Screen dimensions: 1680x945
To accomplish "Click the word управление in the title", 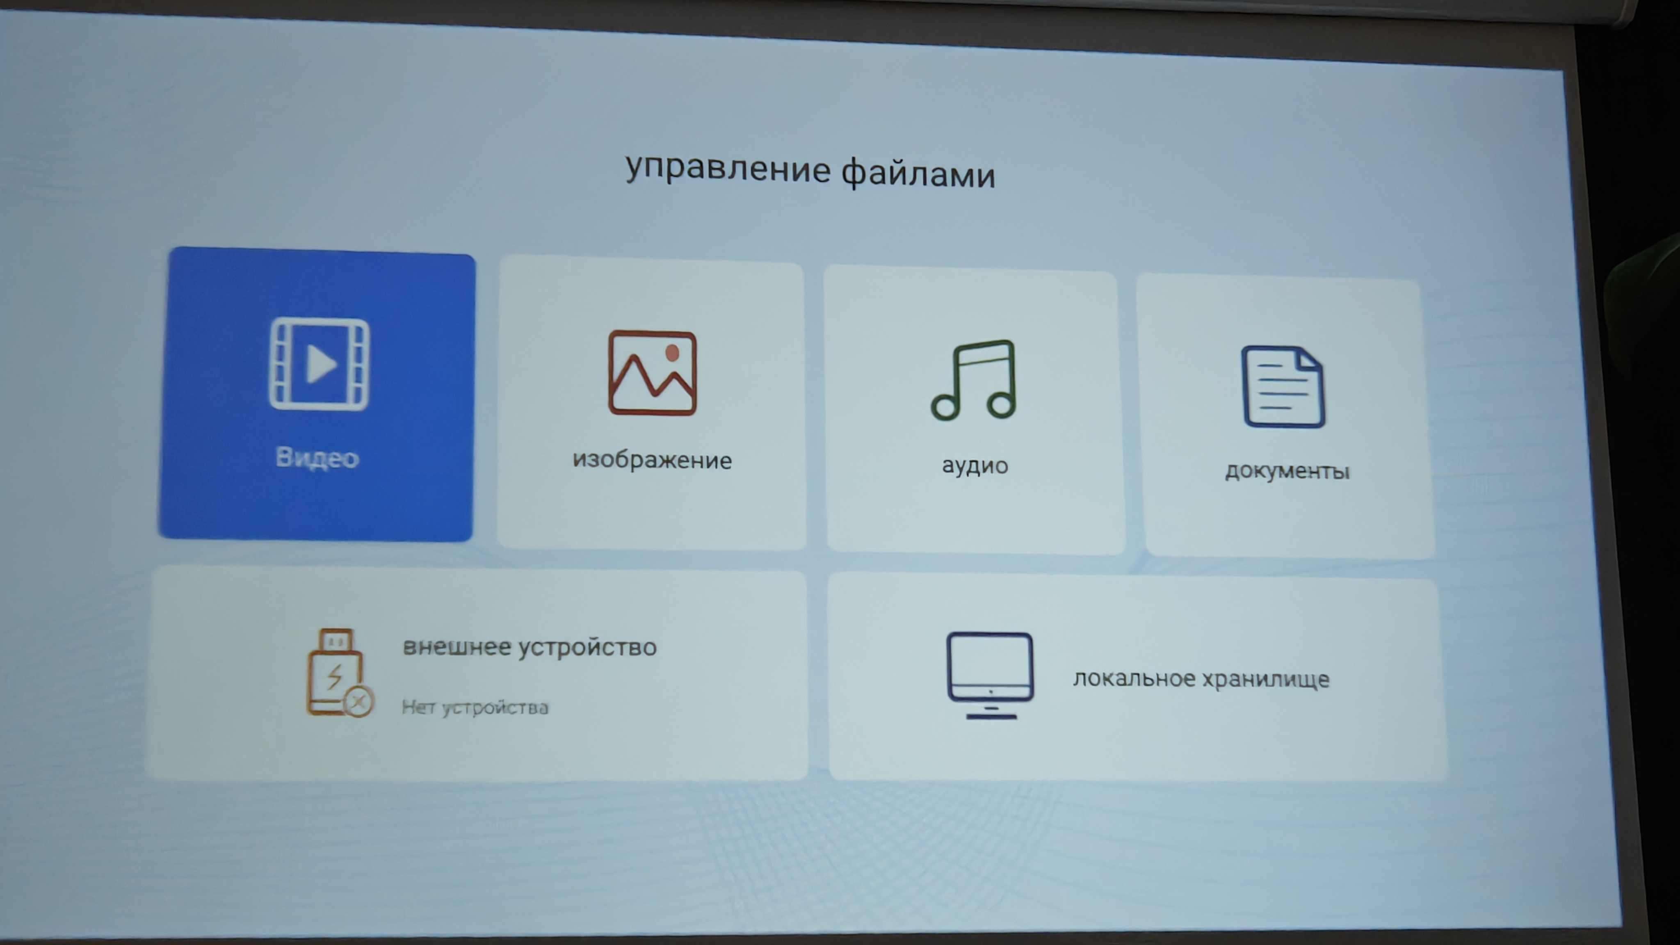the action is click(x=728, y=169).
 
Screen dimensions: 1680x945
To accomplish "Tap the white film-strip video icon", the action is click(x=319, y=364).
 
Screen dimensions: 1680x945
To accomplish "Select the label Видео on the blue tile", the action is click(x=317, y=457).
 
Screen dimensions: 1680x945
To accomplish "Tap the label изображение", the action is click(x=652, y=460).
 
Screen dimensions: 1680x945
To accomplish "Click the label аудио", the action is click(x=975, y=466).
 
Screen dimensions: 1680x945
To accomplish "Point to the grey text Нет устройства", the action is click(x=475, y=707).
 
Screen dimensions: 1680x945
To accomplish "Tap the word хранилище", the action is click(x=1265, y=680).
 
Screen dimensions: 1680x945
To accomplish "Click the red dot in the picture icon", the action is click(x=672, y=353).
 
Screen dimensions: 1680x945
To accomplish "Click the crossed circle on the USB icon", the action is click(x=358, y=702).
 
